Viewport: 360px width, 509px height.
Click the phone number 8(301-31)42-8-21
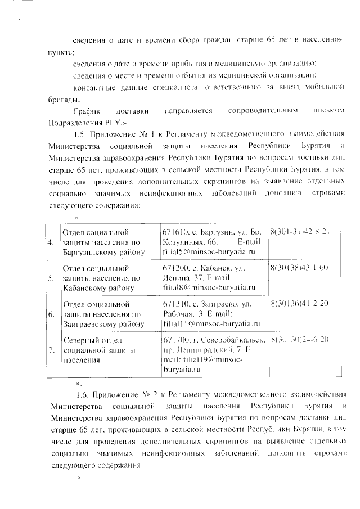tap(299, 232)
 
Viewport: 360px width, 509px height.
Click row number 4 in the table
tap(51, 243)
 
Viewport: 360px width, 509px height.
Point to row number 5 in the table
tap(51, 278)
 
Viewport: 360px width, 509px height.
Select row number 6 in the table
tap(51, 315)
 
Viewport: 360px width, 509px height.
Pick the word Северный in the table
tap(81, 340)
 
